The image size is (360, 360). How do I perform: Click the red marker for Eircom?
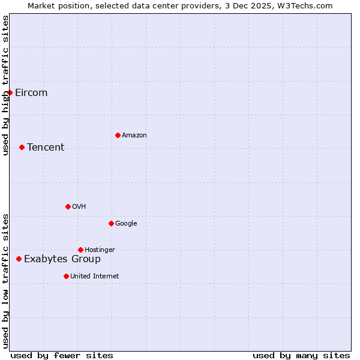10,92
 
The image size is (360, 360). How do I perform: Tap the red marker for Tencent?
22,147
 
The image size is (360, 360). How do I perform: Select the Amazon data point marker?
118,135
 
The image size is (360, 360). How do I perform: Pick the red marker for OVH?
68,206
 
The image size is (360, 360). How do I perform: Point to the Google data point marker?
111,223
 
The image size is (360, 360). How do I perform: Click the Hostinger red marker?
80,250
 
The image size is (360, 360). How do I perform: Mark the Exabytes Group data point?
19,259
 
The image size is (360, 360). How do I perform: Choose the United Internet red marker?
66,276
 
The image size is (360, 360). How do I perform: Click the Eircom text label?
31,93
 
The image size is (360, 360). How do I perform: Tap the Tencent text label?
46,148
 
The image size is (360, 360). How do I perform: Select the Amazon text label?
134,136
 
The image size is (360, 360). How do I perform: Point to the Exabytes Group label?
62,259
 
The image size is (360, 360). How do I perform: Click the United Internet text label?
95,277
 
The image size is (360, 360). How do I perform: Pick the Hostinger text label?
100,250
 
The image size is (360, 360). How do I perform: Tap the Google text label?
126,224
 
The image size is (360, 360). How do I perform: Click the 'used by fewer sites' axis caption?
62,355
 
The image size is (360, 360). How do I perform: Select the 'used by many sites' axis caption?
301,355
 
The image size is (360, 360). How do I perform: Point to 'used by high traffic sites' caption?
6,85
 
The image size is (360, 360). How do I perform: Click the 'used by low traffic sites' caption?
6,281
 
